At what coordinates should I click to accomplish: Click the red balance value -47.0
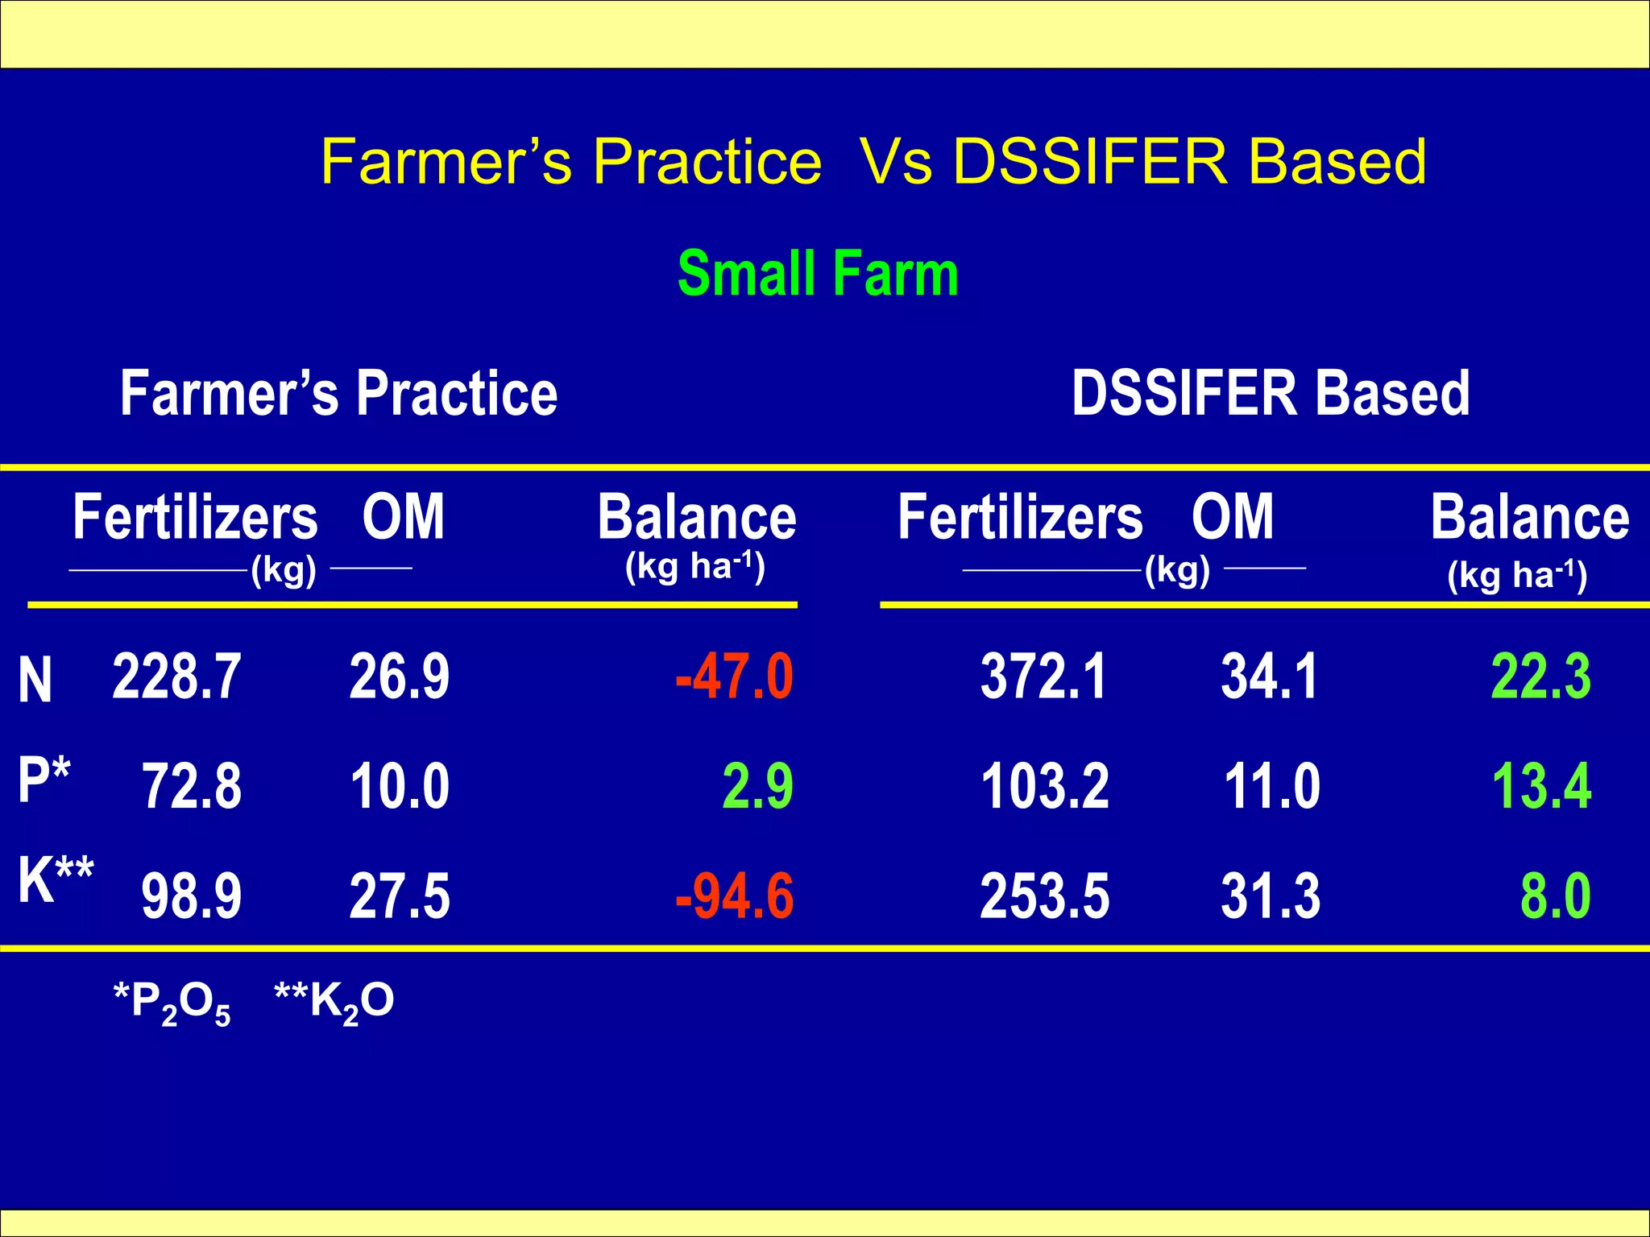pyautogui.click(x=734, y=676)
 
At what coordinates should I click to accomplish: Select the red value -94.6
pyautogui.click(x=734, y=896)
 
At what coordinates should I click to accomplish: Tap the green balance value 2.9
pyautogui.click(x=757, y=786)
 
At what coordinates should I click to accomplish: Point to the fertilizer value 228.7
pyautogui.click(x=176, y=676)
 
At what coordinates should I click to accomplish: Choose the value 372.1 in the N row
pyautogui.click(x=1043, y=676)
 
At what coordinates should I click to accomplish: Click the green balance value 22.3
pyautogui.click(x=1540, y=676)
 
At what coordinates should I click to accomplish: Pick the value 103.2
pyautogui.click(x=1045, y=786)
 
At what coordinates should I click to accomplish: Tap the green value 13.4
pyautogui.click(x=1541, y=786)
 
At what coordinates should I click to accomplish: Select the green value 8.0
pyautogui.click(x=1555, y=896)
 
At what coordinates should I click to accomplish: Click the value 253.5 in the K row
pyautogui.click(x=1045, y=896)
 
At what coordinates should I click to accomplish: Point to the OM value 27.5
pyautogui.click(x=400, y=896)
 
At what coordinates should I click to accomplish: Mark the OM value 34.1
pyautogui.click(x=1270, y=676)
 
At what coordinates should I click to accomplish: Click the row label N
pyautogui.click(x=35, y=681)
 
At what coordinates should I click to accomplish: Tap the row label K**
pyautogui.click(x=56, y=879)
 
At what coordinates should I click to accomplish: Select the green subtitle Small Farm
pyautogui.click(x=818, y=274)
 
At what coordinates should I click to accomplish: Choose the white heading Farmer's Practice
pyautogui.click(x=338, y=393)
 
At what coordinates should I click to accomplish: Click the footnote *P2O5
pyautogui.click(x=172, y=1003)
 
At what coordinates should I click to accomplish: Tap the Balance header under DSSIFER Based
pyautogui.click(x=1529, y=518)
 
